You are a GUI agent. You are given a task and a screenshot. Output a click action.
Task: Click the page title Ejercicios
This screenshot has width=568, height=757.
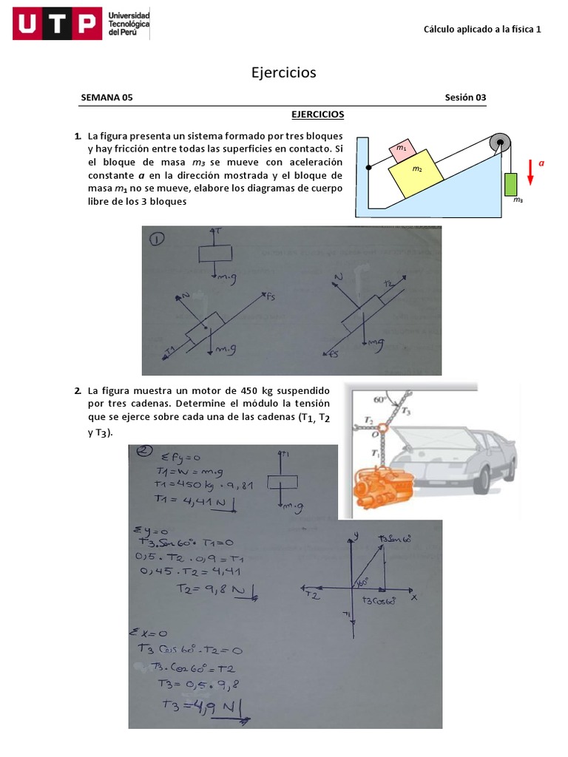point(283,72)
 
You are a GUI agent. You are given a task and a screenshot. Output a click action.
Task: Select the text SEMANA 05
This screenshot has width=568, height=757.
point(106,98)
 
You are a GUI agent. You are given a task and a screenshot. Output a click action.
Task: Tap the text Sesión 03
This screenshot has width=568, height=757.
point(465,98)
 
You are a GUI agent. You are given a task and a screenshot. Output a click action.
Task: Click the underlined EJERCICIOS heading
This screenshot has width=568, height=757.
point(317,115)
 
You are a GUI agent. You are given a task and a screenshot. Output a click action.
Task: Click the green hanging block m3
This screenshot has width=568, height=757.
point(513,183)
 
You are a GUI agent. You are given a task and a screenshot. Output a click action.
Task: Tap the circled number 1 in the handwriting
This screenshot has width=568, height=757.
point(158,240)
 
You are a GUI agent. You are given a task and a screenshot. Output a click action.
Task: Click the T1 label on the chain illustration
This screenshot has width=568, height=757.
point(376,452)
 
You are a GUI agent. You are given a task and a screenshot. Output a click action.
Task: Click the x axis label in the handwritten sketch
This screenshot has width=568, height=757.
point(414,597)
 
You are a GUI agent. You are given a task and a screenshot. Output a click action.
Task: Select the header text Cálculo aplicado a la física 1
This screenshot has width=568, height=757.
point(482,30)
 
